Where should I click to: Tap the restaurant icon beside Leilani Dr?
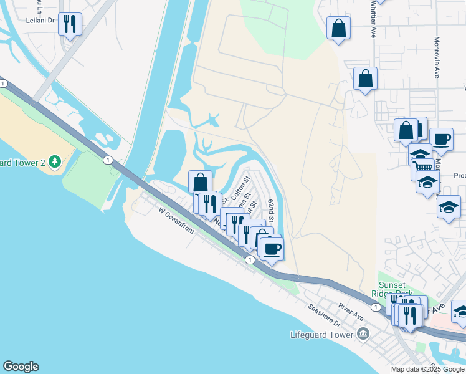point(70,24)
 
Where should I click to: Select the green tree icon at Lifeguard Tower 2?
point(55,162)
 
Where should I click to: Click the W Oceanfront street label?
point(176,222)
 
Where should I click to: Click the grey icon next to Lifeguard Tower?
point(363,335)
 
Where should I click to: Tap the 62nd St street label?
point(272,211)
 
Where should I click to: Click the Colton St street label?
point(240,188)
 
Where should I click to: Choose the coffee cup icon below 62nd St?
point(271,249)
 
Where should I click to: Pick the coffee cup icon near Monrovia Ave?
point(441,139)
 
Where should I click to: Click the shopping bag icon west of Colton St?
point(201,182)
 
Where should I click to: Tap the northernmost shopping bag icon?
point(338,27)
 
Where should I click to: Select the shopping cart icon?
point(423,166)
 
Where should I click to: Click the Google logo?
point(21,367)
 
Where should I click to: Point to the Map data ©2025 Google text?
point(427,369)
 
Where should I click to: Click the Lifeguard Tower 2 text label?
point(22,163)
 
